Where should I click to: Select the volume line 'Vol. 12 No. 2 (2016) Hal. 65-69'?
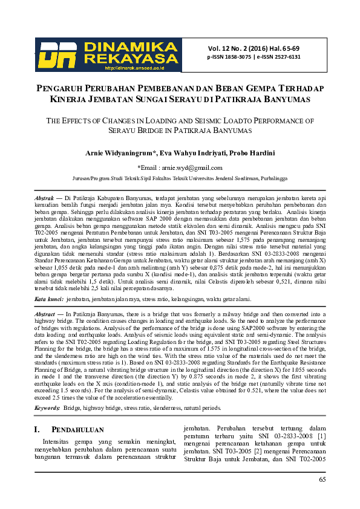click(x=254, y=48)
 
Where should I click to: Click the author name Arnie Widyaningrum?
click(x=120, y=153)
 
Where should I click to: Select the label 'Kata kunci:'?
click(x=49, y=299)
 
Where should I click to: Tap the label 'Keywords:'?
click(x=47, y=409)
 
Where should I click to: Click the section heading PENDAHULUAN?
click(x=73, y=430)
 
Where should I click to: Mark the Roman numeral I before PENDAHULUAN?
click(x=37, y=430)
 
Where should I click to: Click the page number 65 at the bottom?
click(x=322, y=479)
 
